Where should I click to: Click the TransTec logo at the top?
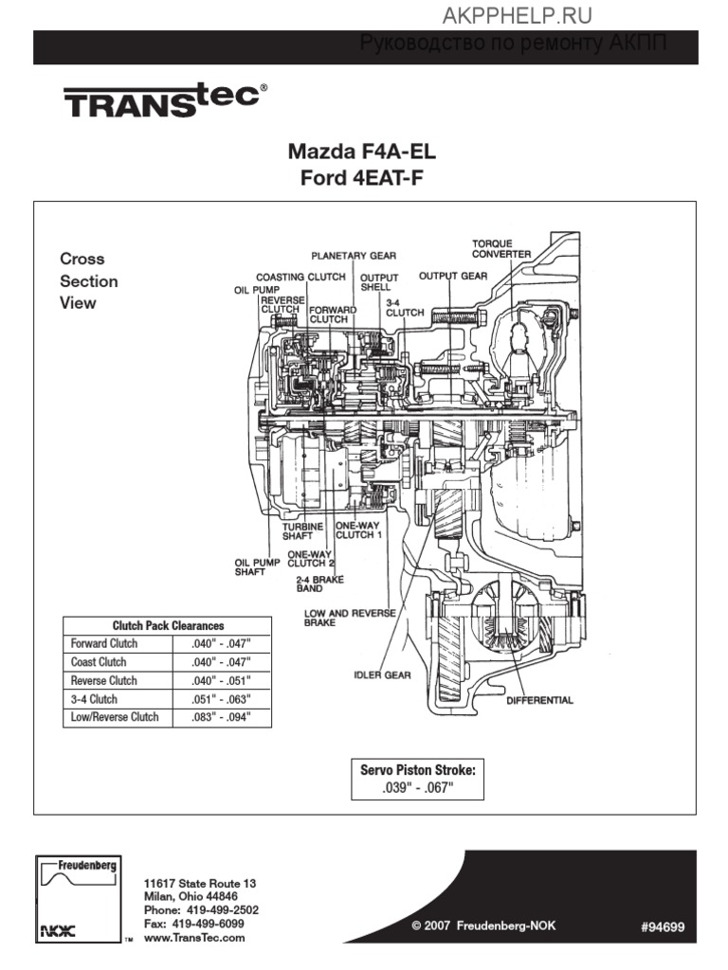pyautogui.click(x=165, y=99)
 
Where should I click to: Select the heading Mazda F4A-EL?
pyautogui.click(x=362, y=153)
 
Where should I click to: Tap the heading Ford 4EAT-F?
pyautogui.click(x=362, y=177)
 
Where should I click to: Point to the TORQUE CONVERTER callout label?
pyautogui.click(x=501, y=248)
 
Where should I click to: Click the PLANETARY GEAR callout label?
pyautogui.click(x=354, y=256)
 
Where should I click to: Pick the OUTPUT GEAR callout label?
pyautogui.click(x=452, y=277)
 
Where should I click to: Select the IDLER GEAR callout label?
pyautogui.click(x=382, y=675)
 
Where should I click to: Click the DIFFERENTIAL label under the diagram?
pyautogui.click(x=539, y=701)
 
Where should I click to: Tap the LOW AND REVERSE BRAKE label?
pyautogui.click(x=349, y=619)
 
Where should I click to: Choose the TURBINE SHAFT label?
pyautogui.click(x=302, y=530)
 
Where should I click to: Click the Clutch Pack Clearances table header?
pyautogui.click(x=168, y=625)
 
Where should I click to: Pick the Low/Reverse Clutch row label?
pyautogui.click(x=115, y=717)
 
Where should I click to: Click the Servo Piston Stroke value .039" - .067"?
pyautogui.click(x=417, y=788)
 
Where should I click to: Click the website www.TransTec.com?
pyautogui.click(x=193, y=937)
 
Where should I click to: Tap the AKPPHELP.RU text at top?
pyautogui.click(x=517, y=14)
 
